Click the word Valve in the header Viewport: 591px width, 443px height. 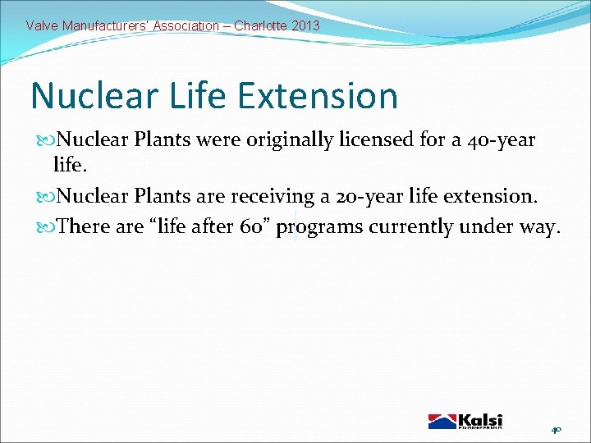[41, 25]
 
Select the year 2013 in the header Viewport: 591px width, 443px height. [305, 25]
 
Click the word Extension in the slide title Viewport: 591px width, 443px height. [318, 96]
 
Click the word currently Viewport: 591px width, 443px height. [410, 227]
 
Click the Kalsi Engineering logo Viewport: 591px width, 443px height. [465, 421]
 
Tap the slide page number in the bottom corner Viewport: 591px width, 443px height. [556, 429]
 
